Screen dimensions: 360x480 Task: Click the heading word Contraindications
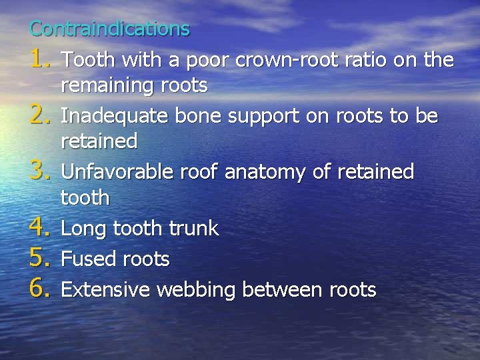110,29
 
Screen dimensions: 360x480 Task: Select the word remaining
108,86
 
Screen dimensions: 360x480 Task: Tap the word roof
202,172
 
